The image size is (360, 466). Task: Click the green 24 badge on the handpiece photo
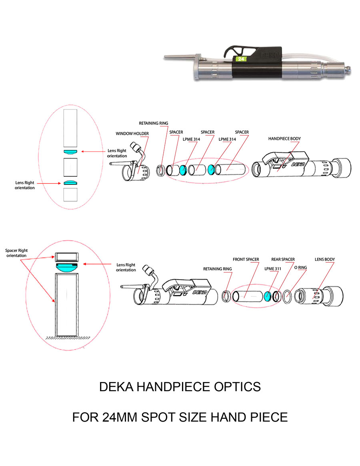[x=240, y=59]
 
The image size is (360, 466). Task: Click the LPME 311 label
[x=273, y=269]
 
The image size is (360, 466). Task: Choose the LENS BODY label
[x=324, y=260]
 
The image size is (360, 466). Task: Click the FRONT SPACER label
[x=246, y=260]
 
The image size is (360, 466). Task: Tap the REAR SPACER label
[x=283, y=260]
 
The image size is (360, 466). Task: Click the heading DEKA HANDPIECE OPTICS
[x=180, y=387]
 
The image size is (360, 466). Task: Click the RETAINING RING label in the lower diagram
[x=217, y=269]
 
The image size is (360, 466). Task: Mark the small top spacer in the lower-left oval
[x=67, y=256]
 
